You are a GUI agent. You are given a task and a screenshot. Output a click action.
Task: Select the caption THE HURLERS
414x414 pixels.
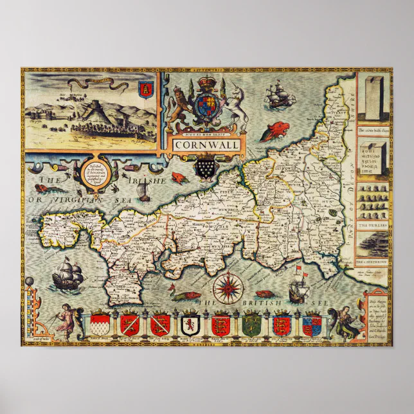[374, 225]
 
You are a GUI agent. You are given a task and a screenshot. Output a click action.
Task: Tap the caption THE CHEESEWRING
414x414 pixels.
[373, 262]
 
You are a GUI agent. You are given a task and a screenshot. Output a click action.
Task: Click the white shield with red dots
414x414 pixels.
[101, 323]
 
